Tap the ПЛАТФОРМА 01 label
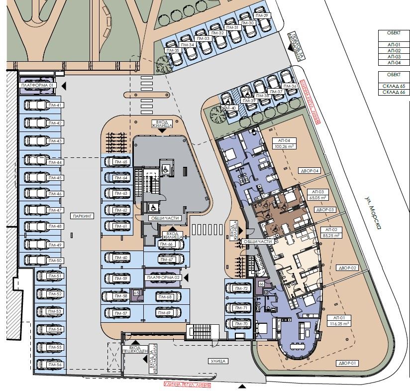click(38, 86)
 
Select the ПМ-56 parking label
click(55, 365)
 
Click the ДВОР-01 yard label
click(347, 363)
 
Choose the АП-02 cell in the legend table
click(393, 51)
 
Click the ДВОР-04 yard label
click(309, 171)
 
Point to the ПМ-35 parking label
click(173, 51)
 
